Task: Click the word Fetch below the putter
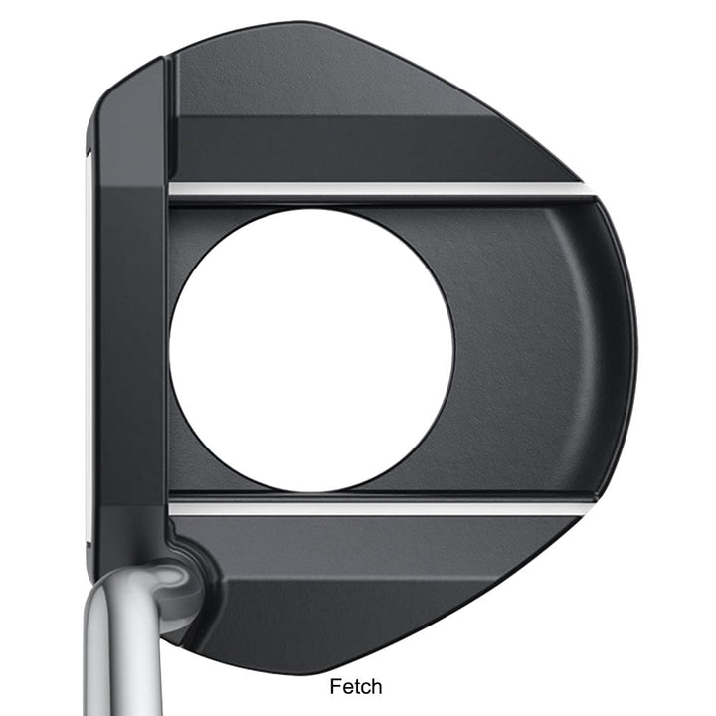[356, 686]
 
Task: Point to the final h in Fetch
[377, 686]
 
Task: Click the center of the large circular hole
[312, 350]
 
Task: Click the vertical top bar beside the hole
[132, 347]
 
